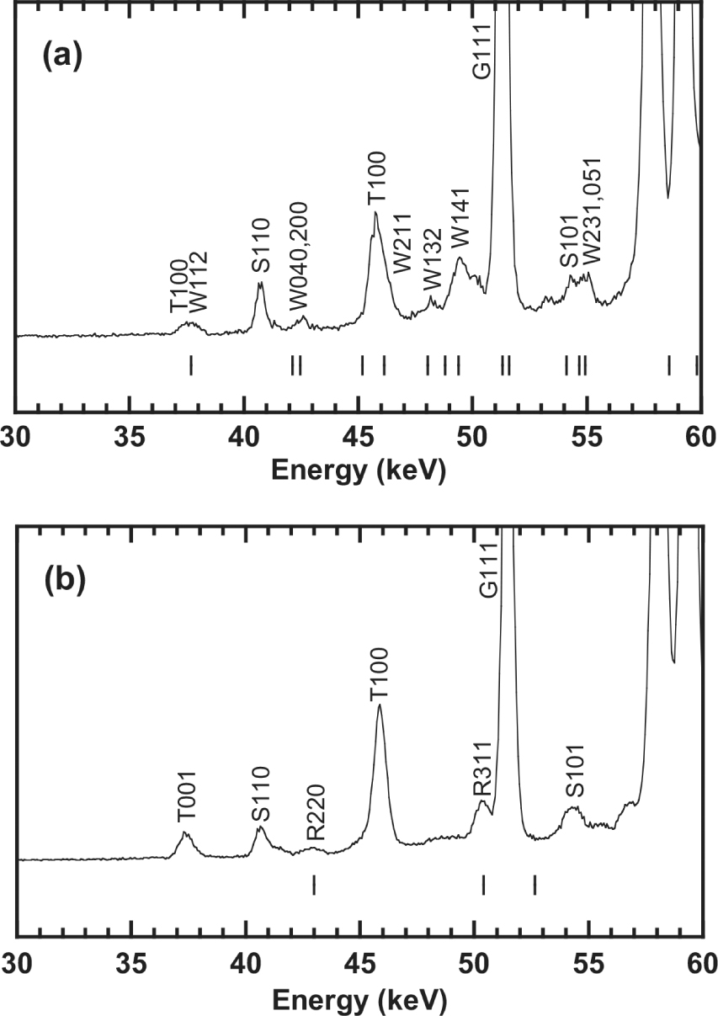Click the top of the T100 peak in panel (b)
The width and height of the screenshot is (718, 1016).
click(x=380, y=705)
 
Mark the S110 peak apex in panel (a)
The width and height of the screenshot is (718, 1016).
click(x=260, y=284)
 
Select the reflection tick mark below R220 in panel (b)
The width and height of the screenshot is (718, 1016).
click(x=314, y=885)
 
